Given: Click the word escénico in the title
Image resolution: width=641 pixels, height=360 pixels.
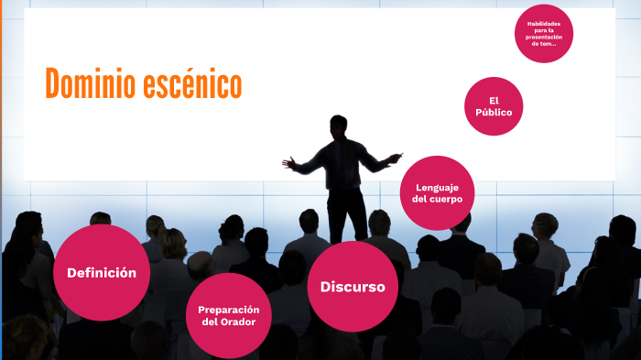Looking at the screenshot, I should pos(192,84).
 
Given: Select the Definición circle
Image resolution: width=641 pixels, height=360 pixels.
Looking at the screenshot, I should pos(102,272).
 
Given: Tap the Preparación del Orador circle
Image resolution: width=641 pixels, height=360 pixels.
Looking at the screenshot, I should pos(228,315).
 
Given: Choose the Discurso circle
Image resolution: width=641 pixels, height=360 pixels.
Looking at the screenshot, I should pos(353,287).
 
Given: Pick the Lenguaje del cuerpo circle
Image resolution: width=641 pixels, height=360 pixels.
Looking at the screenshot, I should pos(438,192).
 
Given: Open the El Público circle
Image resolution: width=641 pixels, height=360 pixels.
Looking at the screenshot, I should pos(494,106).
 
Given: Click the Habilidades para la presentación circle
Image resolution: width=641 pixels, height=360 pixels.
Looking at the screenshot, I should pos(544,34).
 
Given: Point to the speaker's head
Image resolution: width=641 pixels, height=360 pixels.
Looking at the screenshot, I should pos(339,125).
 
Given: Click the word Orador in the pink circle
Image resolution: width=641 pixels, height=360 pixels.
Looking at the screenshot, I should pos(243,322).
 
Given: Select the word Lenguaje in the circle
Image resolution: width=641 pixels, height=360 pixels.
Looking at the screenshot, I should pos(438,187).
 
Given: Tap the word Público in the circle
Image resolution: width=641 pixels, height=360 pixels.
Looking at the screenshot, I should pos(494,113).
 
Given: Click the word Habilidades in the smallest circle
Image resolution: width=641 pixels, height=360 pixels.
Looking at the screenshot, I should pos(544,23).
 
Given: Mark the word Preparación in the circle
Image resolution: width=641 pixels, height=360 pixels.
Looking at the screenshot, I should pos(228,310).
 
